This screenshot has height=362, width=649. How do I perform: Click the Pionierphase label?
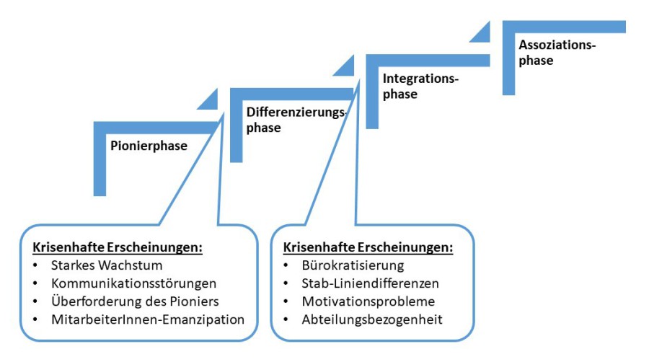(x=149, y=146)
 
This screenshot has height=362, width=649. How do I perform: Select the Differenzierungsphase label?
(x=295, y=120)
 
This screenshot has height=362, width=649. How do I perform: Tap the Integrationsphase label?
(x=420, y=86)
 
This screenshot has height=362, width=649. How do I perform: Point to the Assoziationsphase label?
(x=557, y=53)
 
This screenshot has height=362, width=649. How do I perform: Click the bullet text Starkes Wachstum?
(x=105, y=265)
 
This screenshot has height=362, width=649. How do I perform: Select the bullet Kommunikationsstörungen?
(x=134, y=283)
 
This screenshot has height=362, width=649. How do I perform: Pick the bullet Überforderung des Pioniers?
(x=136, y=301)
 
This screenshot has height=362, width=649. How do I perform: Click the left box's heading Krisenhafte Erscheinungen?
(x=117, y=247)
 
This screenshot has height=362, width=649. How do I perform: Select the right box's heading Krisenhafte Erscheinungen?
(x=368, y=247)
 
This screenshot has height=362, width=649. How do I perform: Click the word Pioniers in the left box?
(x=196, y=301)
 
